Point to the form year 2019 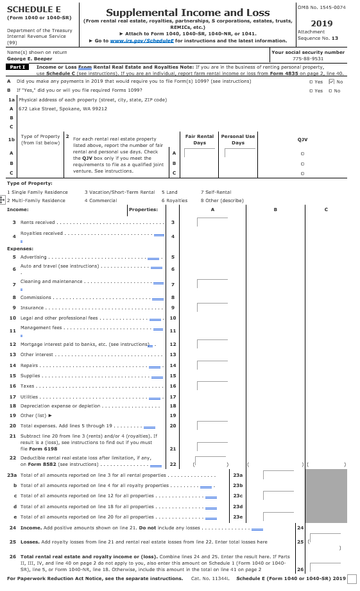point(321,23)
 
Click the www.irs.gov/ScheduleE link point(135,40)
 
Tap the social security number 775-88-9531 point(308,58)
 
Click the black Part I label point(17,67)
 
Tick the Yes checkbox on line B point(311,90)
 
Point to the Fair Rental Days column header point(199,139)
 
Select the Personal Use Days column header point(238,139)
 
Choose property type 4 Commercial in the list point(101,200)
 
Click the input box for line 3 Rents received point(212,222)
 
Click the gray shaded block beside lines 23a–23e point(326,495)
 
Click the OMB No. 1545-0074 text point(321,6)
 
